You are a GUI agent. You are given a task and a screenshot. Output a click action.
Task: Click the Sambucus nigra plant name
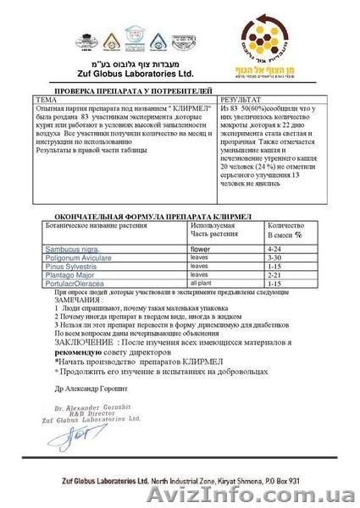point(62,251)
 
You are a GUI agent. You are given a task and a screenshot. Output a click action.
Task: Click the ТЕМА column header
point(48,100)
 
